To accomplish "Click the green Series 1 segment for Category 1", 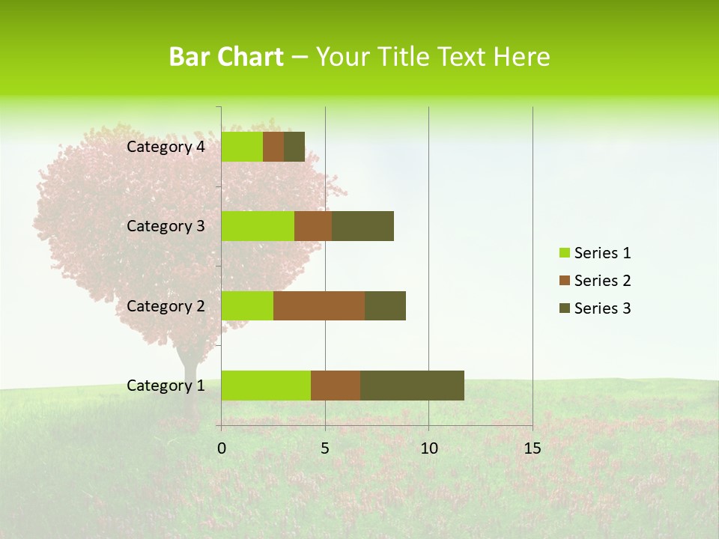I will point(266,386).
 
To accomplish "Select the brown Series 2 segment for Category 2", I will point(319,305).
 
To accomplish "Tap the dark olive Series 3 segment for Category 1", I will point(412,386).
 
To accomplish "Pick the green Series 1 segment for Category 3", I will point(258,226).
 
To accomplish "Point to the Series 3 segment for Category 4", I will point(294,147).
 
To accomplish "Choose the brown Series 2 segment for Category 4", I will point(273,147).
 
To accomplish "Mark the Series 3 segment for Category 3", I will point(362,226).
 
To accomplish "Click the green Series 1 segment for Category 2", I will point(247,305).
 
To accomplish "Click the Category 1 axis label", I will point(166,386).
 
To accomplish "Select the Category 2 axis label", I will point(166,305).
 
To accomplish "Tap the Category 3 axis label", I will point(166,226).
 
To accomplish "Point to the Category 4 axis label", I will point(166,147).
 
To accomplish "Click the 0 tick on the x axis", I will point(222,448).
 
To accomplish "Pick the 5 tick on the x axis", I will point(325,448).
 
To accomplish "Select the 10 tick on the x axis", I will point(428,448).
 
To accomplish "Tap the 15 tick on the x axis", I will point(532,448).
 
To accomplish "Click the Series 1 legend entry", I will point(595,253).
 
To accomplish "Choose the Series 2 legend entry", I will point(595,281).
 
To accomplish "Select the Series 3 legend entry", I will point(595,308).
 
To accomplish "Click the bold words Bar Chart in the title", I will point(226,57).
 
